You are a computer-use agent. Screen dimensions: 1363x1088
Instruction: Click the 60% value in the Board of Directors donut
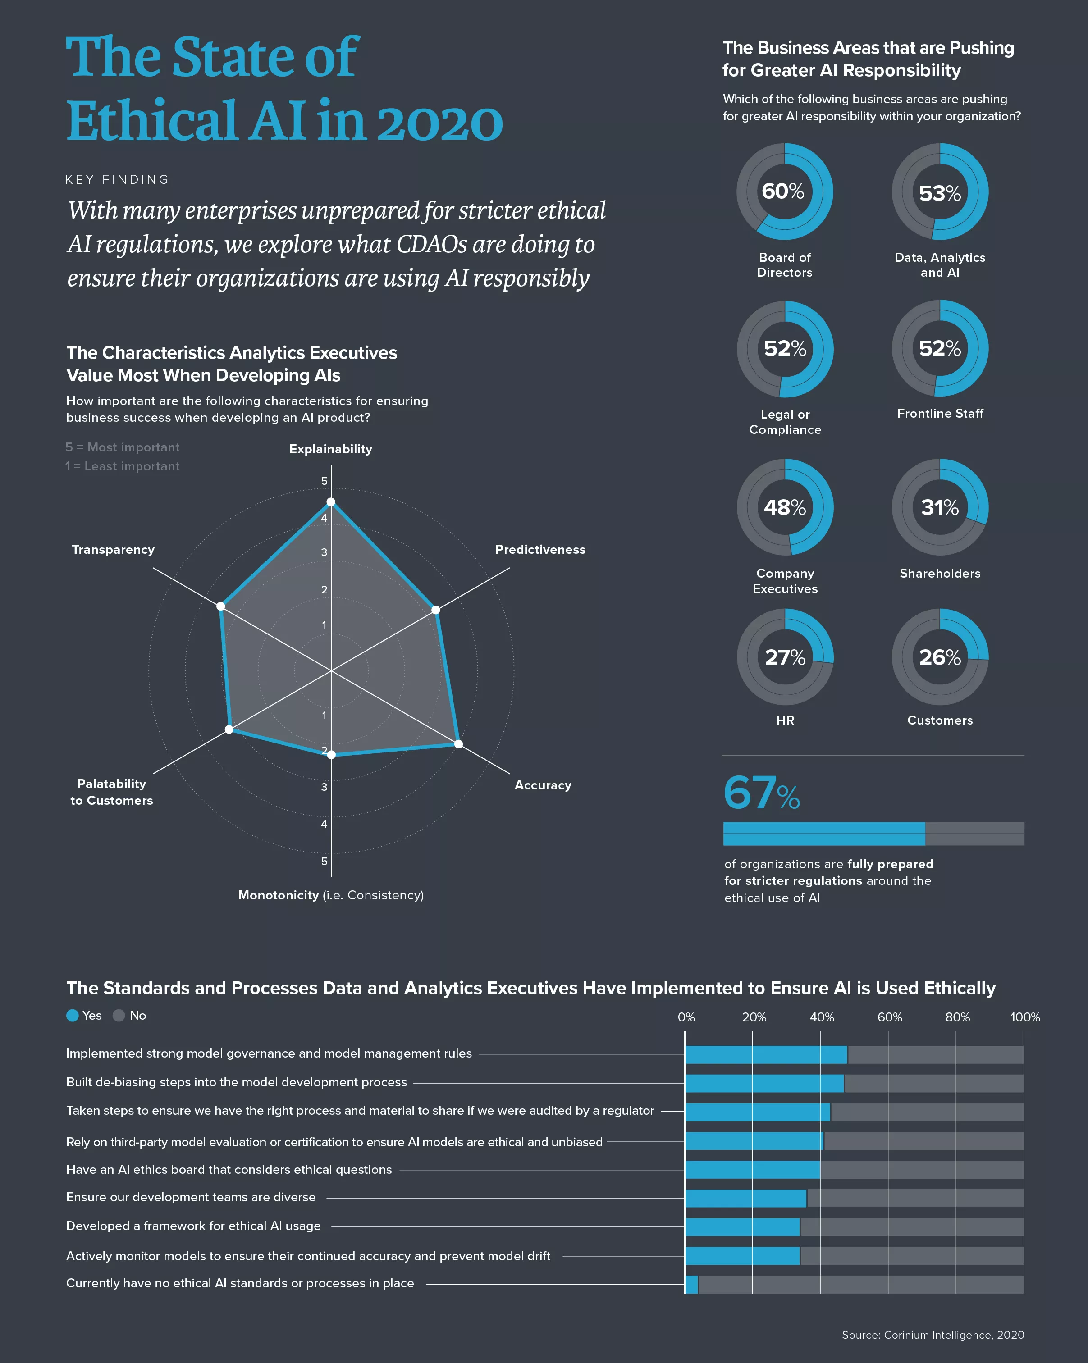[x=783, y=191]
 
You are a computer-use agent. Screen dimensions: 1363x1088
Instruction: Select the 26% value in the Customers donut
[x=939, y=657]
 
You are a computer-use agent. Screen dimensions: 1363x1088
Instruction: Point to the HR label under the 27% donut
[x=785, y=720]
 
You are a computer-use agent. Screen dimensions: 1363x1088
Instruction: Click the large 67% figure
[x=761, y=793]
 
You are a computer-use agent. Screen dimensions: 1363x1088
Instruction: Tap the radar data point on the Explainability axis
[x=331, y=502]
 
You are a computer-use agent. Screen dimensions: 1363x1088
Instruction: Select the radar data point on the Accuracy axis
[x=458, y=744]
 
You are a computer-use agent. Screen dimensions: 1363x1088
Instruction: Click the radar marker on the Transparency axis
[x=221, y=606]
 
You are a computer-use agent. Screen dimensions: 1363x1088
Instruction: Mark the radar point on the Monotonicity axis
[x=331, y=754]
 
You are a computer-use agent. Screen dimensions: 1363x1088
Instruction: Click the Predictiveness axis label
[x=540, y=549]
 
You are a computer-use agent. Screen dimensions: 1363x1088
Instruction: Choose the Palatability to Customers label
[x=111, y=792]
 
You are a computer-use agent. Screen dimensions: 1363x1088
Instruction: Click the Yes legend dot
[x=73, y=1015]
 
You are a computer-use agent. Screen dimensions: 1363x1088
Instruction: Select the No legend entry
[x=130, y=1015]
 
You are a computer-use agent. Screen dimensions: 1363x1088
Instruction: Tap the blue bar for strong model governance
[x=766, y=1054]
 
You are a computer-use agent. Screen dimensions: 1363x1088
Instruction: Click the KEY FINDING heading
[x=117, y=179]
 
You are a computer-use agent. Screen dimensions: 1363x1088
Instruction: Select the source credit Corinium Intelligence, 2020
[x=933, y=1335]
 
